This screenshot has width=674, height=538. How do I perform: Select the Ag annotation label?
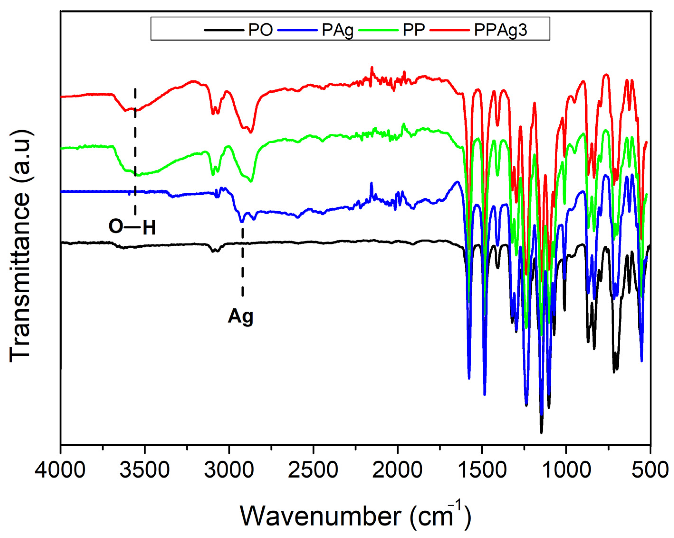pyautogui.click(x=240, y=317)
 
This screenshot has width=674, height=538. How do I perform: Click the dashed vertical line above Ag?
pyautogui.click(x=243, y=263)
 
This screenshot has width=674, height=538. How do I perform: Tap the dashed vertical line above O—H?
pyautogui.click(x=135, y=150)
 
